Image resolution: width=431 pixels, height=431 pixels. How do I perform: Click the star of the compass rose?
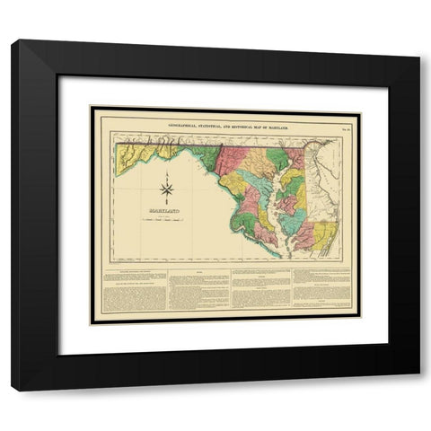pyautogui.click(x=166, y=189)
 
